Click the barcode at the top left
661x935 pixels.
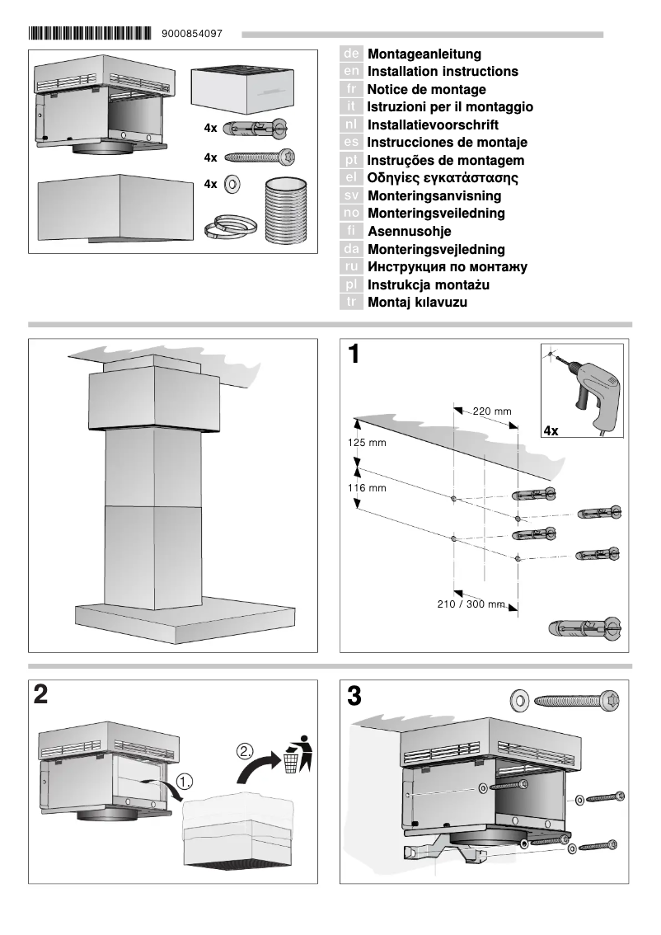(91, 34)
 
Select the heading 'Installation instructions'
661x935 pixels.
(443, 72)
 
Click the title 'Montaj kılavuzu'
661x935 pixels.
(417, 303)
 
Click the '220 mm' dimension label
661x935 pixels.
(491, 411)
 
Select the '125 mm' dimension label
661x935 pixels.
(367, 443)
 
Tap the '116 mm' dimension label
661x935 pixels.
(367, 488)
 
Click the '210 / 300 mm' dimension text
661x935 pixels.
(471, 604)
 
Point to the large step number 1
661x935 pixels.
(354, 355)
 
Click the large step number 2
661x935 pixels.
(40, 694)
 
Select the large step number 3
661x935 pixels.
(354, 696)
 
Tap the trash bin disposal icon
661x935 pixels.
(295, 754)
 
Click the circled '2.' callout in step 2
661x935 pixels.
(245, 751)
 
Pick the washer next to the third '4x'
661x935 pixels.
(232, 183)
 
